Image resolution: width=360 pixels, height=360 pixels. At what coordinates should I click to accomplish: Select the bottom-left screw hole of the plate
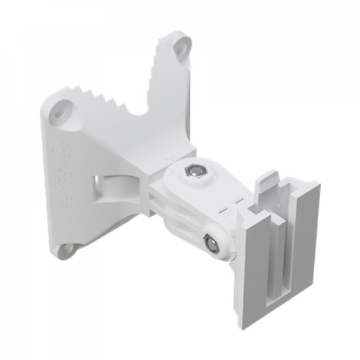click(x=66, y=249)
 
